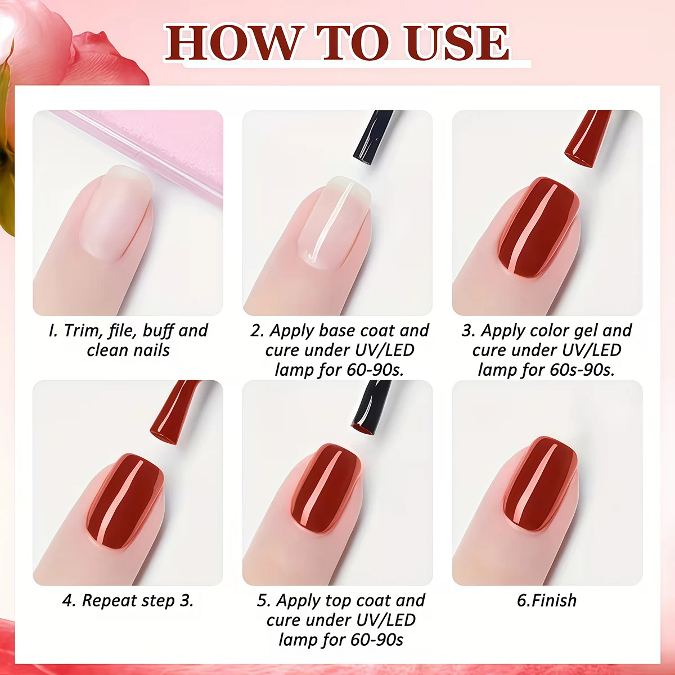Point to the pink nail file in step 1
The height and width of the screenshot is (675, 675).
tap(169, 146)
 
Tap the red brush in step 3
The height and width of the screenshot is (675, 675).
tap(588, 138)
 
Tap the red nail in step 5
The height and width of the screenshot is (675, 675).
tap(326, 487)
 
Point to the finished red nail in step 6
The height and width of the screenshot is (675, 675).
tap(540, 484)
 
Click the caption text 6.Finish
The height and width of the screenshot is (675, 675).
tap(547, 600)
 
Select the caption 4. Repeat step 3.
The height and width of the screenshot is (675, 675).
tap(128, 600)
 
